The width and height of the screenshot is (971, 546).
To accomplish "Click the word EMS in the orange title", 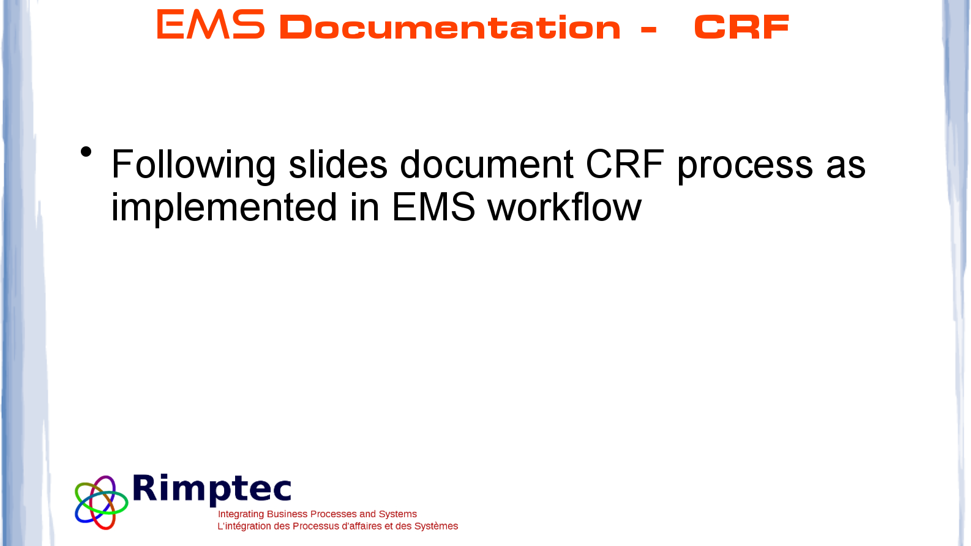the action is coord(211,24).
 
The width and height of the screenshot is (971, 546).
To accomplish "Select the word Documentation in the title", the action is coord(450,28).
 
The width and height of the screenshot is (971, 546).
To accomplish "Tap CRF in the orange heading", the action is coord(741,27).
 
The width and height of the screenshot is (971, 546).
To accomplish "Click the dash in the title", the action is coord(648,29).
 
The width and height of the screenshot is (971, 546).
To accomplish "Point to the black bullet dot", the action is coord(86,152).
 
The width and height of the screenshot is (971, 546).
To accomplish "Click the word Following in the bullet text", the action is coord(193,165).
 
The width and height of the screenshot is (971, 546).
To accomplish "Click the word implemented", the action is coord(223,209).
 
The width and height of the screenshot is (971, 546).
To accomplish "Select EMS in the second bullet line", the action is coord(433,207).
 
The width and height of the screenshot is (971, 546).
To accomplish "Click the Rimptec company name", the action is coord(212,490).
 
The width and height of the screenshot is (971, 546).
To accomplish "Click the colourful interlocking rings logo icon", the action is coord(102,503).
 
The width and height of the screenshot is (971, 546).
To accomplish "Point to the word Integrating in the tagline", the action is coord(241,514).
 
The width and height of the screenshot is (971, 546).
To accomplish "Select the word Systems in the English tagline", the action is coord(397,514).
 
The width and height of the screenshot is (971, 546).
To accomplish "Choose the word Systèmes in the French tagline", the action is coord(436,526).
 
